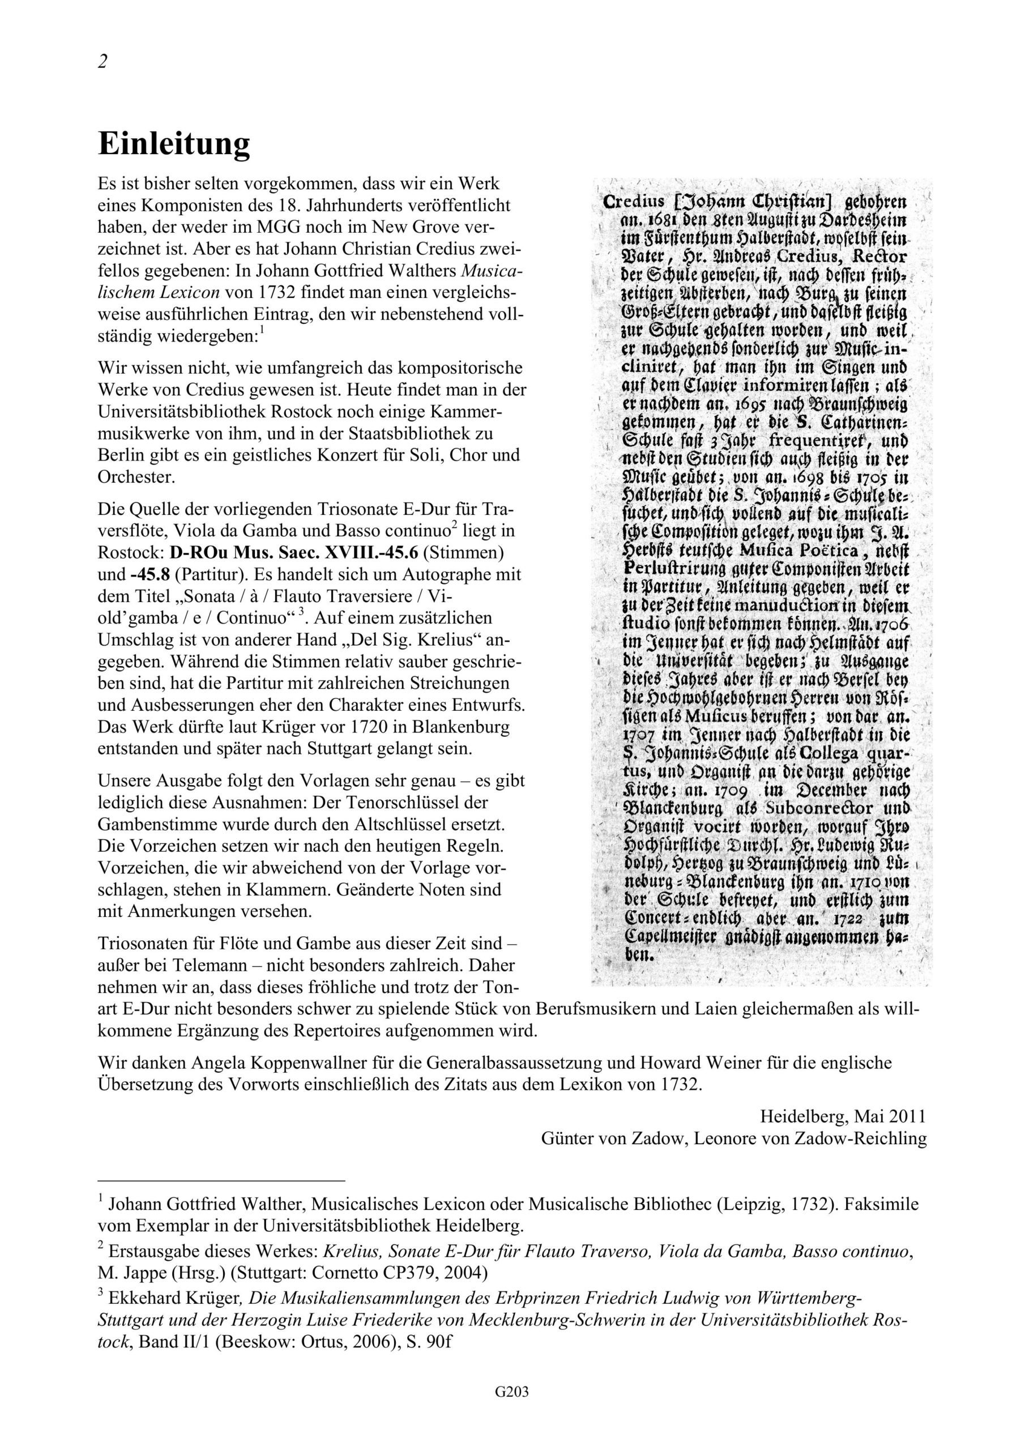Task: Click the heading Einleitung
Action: (x=174, y=144)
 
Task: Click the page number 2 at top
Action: (x=103, y=61)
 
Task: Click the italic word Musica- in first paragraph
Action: (x=492, y=270)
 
